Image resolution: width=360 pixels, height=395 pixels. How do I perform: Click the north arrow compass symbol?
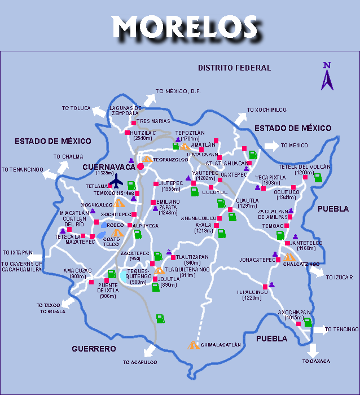tap(327, 76)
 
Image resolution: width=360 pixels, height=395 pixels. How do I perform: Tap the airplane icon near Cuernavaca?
tap(116, 182)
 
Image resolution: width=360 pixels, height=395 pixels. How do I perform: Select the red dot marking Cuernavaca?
tap(141, 166)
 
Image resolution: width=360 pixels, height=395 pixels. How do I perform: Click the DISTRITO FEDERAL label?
tap(234, 68)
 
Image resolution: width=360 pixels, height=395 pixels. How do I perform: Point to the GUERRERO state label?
tap(94, 349)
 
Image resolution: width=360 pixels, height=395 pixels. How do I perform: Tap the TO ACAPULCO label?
tap(139, 362)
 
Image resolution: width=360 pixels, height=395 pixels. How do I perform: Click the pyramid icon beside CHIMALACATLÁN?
tap(194, 345)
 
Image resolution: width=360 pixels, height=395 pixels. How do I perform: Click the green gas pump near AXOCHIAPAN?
tap(308, 322)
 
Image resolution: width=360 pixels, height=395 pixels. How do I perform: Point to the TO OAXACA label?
tap(316, 361)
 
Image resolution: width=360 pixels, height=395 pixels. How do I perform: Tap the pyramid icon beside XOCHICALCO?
tap(118, 203)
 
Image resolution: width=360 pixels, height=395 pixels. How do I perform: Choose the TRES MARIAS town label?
tap(153, 121)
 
